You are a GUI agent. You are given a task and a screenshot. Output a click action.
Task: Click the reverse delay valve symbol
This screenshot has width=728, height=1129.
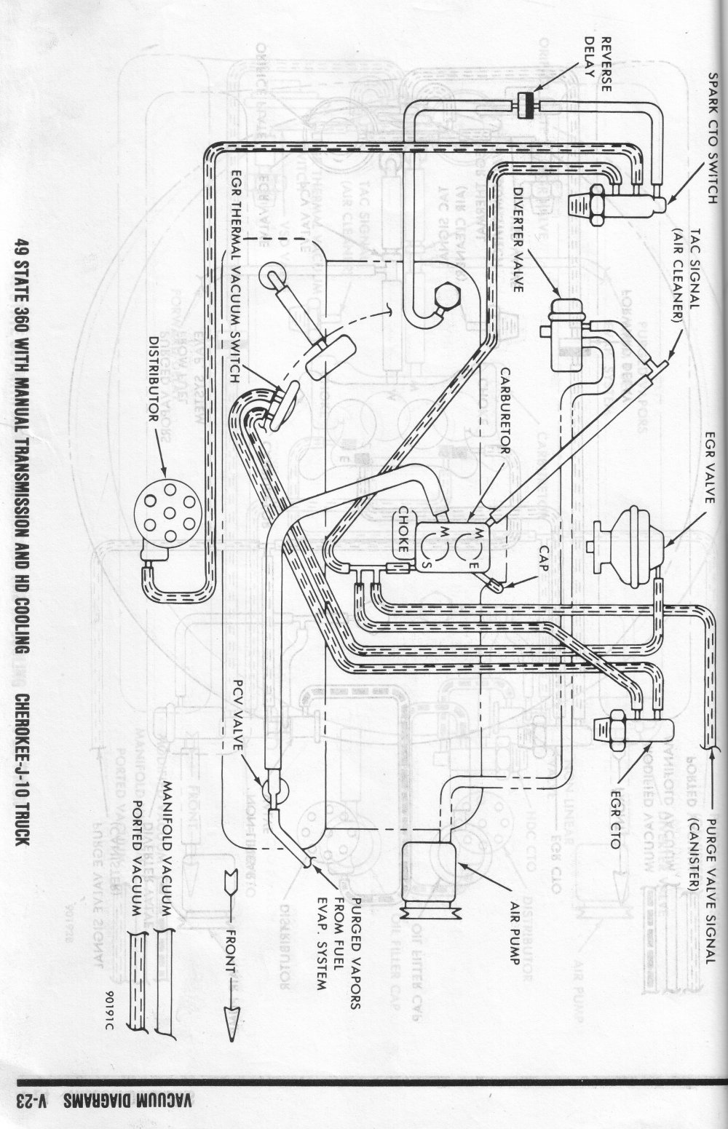coord(523,106)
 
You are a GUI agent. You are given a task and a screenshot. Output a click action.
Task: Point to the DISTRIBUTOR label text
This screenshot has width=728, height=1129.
coord(154,379)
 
